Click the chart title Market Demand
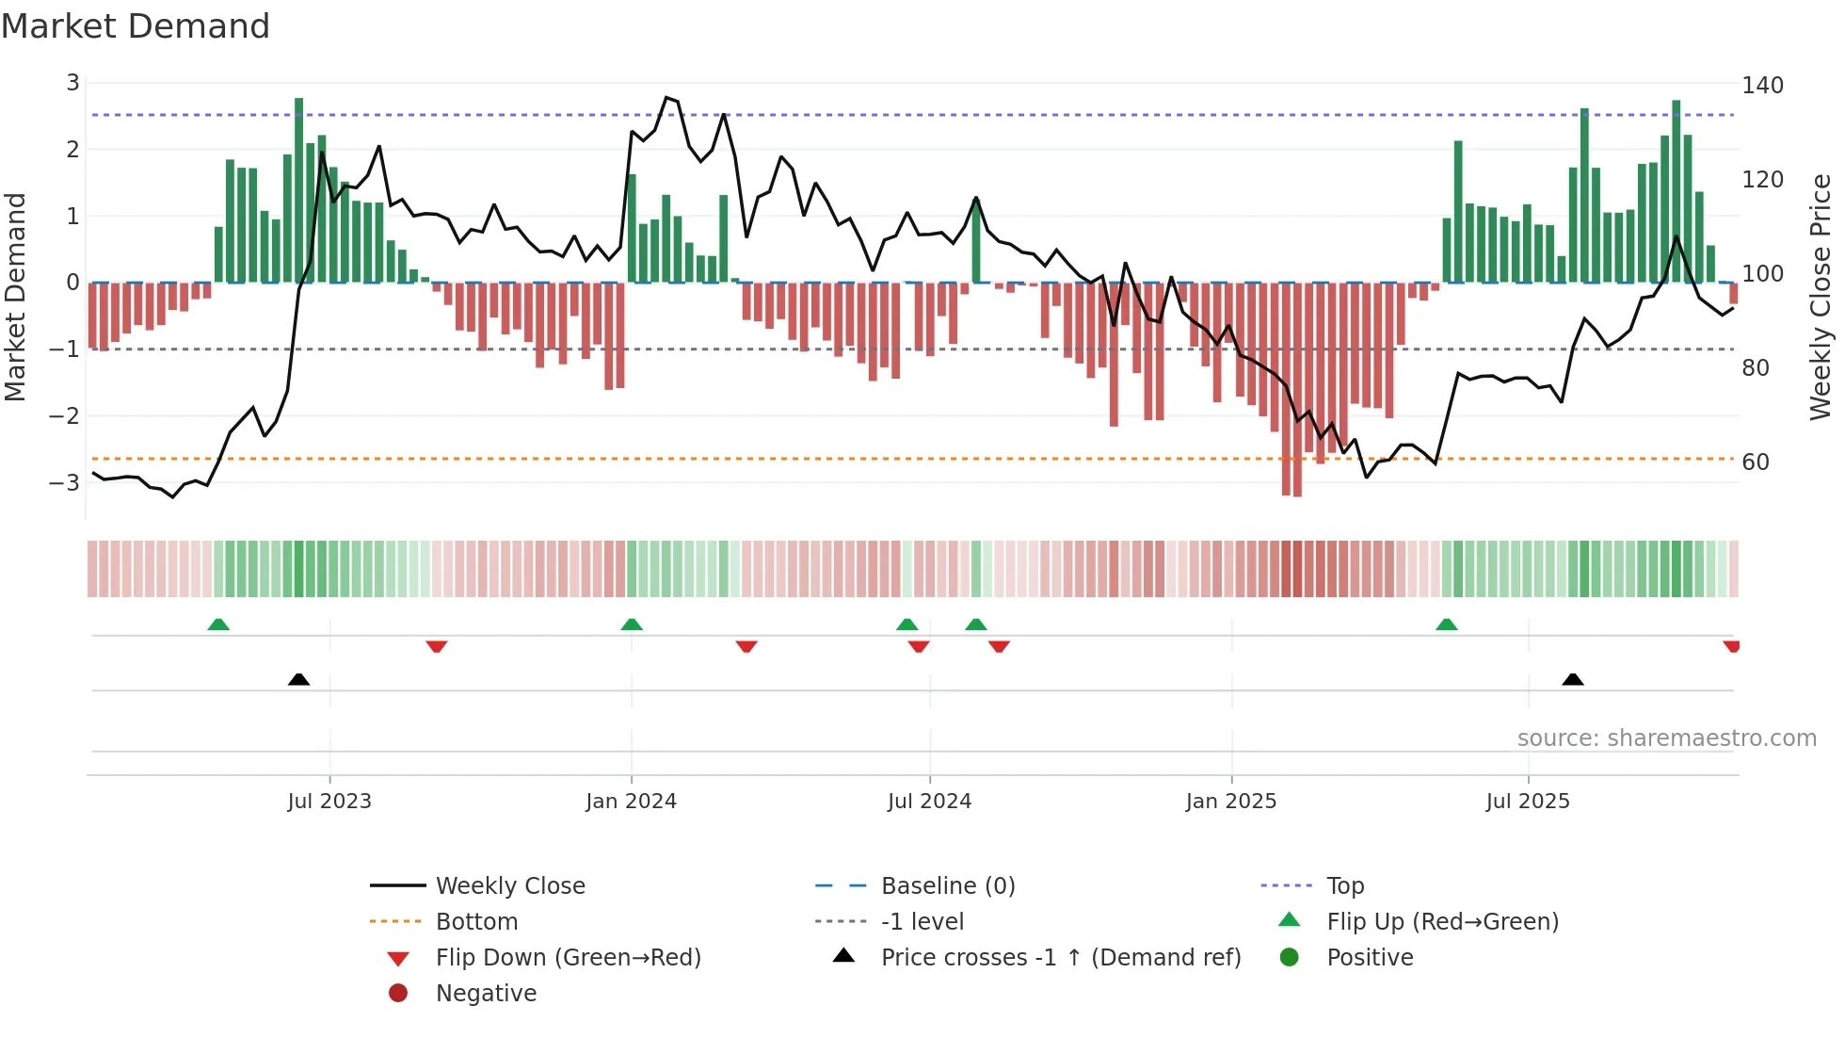click(136, 26)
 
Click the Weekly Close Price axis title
click(1821, 297)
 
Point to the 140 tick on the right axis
click(1762, 86)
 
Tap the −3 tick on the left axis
click(65, 483)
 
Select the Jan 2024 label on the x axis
click(631, 802)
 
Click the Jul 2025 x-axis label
click(1528, 802)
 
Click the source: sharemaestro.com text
click(1666, 738)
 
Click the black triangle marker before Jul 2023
click(298, 679)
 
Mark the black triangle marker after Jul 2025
click(1572, 679)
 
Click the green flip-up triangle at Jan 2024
click(632, 624)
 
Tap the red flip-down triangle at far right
click(1731, 646)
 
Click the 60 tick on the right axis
click(1756, 462)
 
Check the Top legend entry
click(1344, 886)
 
